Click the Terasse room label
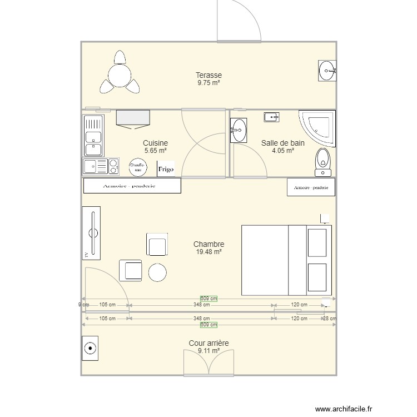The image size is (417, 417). click(209, 75)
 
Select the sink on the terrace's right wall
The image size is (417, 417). click(327, 71)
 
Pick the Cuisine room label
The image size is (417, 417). click(155, 143)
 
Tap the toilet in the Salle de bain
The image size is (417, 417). click(322, 160)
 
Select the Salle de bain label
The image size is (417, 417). click(282, 143)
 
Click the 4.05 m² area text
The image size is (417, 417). click(282, 150)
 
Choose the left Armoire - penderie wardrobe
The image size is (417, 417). click(132, 186)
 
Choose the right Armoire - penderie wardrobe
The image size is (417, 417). click(311, 187)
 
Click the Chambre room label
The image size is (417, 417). click(209, 244)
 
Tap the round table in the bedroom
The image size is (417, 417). click(157, 272)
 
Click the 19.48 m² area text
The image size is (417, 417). click(209, 252)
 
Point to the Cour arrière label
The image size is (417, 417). click(209, 344)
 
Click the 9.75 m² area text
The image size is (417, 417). click(209, 83)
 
